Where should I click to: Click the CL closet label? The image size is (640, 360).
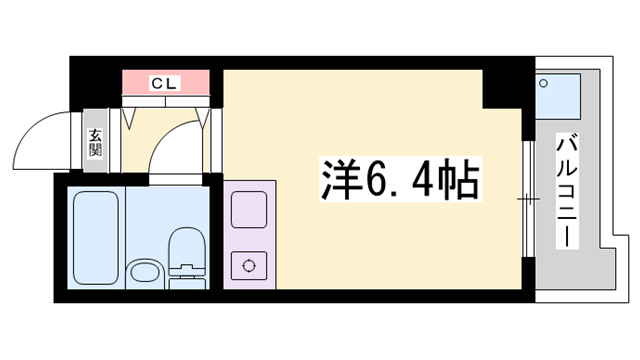pos(165,83)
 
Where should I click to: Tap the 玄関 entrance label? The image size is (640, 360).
pos(95,142)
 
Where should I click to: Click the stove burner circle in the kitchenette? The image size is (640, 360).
pos(246,267)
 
